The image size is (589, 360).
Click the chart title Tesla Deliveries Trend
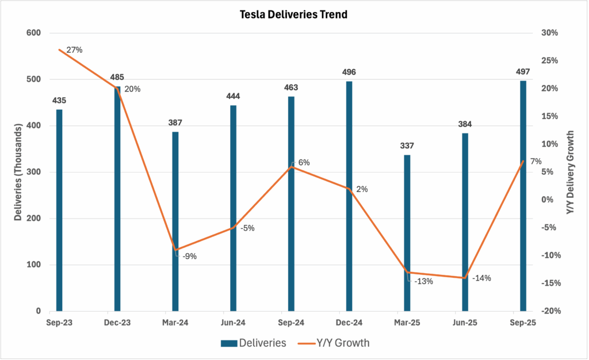coord(294,15)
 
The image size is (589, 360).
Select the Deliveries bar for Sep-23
coord(59,210)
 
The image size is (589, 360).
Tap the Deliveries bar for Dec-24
coord(349,196)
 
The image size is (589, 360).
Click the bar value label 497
coord(523,72)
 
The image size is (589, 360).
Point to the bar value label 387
coord(175,123)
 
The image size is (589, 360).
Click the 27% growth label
coord(75,50)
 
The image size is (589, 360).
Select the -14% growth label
coord(481,278)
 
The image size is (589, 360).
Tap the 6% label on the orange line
coord(304,163)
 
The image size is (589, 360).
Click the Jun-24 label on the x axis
coord(233,324)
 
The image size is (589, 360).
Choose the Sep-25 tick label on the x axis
coord(523,324)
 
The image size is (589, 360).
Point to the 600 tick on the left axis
coord(34,33)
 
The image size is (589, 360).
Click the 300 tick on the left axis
coord(34,172)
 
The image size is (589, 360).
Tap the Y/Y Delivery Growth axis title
coord(571,173)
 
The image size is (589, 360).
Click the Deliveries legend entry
coord(254,343)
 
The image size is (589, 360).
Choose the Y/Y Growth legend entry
coord(334,343)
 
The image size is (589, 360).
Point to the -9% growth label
coord(190,256)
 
